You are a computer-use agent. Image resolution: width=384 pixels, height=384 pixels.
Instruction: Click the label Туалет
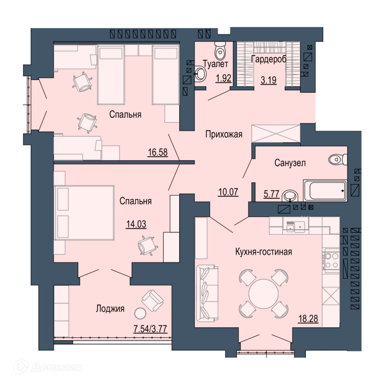pos(216,63)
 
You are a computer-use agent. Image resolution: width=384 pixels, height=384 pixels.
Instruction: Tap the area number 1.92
pos(223,78)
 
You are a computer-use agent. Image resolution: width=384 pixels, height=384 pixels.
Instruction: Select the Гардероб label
pos(269,60)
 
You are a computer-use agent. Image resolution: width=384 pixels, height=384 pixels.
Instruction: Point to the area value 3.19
pos(269,80)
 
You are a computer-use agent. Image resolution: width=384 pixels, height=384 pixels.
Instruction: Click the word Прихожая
pos(224,134)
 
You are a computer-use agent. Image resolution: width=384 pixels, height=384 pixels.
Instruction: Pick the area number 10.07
pos(228,192)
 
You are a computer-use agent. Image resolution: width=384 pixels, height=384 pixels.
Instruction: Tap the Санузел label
pos(290,163)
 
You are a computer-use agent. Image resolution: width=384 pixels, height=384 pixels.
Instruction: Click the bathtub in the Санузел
pos(325,191)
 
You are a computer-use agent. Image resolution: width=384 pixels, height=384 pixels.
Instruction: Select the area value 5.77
pos(271,194)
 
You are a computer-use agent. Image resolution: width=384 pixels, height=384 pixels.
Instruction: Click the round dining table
pos(264,294)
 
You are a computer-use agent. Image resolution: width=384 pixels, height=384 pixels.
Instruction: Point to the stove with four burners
pos(332,260)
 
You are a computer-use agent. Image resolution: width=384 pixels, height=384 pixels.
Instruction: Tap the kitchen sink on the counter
pos(296,226)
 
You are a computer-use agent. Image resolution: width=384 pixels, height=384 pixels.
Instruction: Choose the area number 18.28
pos(308,319)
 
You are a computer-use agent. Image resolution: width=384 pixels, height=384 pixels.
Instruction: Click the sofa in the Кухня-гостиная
pos(207,293)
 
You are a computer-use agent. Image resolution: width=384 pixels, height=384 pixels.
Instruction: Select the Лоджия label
pos(110,308)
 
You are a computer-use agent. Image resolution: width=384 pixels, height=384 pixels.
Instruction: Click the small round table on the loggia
pos(140,313)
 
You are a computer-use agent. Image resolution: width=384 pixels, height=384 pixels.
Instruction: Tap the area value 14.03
pos(136,224)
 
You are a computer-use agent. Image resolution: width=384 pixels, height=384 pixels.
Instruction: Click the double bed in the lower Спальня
pos(84,212)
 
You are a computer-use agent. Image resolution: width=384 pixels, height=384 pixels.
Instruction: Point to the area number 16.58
pos(157,152)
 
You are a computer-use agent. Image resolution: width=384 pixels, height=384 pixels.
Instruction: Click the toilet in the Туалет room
pos(220,52)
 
